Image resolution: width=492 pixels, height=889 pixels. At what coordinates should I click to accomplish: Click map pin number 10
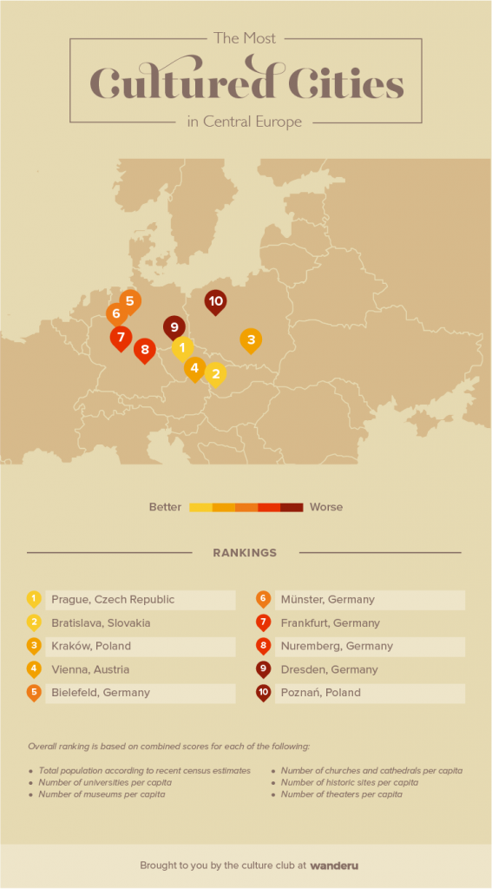[215, 301]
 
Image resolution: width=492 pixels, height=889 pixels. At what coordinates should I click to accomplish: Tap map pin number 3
[251, 339]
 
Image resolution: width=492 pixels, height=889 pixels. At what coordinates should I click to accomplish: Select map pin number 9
[174, 327]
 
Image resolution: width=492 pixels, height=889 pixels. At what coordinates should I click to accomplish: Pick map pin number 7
[121, 337]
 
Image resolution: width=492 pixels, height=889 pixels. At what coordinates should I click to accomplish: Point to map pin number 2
[214, 374]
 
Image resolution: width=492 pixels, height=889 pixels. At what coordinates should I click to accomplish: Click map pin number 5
[130, 301]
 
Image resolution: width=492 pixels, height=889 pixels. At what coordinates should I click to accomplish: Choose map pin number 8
[145, 351]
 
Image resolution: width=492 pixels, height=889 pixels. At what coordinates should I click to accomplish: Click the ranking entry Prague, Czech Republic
[113, 600]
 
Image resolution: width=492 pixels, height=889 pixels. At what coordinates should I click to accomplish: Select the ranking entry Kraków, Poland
[91, 647]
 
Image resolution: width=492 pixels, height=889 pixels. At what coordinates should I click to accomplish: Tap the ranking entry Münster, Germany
[327, 600]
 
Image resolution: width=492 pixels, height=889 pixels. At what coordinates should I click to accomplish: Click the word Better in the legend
[165, 507]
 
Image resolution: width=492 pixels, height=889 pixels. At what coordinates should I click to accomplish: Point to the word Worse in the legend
[326, 507]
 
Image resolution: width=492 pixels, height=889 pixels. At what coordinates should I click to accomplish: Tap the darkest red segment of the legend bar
[292, 507]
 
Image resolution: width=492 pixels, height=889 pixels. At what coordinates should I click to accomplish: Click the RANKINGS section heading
[245, 553]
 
